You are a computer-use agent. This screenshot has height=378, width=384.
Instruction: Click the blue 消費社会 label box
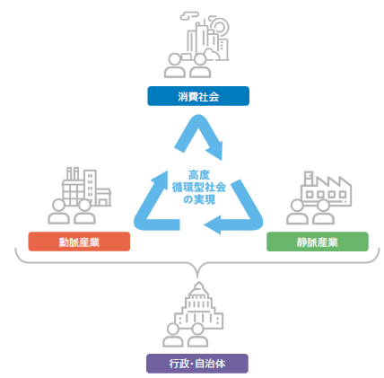click(x=198, y=96)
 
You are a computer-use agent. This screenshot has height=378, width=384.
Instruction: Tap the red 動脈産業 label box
click(x=79, y=242)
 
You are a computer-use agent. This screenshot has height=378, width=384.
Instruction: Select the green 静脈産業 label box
click(x=318, y=242)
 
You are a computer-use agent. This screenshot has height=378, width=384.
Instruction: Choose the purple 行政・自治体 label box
click(x=197, y=364)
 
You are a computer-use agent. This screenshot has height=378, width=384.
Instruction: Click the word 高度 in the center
click(x=199, y=175)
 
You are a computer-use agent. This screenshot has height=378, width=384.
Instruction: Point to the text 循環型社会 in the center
click(x=199, y=188)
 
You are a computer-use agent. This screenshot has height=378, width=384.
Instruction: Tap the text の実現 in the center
click(x=199, y=199)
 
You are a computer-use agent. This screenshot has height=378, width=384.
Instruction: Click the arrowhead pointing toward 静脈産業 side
click(x=216, y=150)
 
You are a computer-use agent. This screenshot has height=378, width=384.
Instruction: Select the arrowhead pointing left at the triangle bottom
click(x=213, y=224)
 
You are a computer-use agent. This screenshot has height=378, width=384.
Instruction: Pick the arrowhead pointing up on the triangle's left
click(x=160, y=180)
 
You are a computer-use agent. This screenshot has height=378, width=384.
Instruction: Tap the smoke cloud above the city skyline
click(x=189, y=15)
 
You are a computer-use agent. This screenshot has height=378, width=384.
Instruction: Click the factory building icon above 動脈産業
click(x=87, y=186)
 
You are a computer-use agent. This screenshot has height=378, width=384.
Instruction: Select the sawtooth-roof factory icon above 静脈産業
click(x=327, y=189)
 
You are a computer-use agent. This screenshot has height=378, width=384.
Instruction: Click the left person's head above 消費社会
click(x=174, y=59)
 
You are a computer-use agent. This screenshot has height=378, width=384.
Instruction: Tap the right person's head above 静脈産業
click(x=323, y=206)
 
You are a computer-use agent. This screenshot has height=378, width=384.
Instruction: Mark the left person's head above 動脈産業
click(x=58, y=206)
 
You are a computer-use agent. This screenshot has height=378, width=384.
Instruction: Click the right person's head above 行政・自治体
click(x=197, y=330)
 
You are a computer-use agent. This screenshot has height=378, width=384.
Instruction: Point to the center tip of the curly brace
click(x=197, y=277)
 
